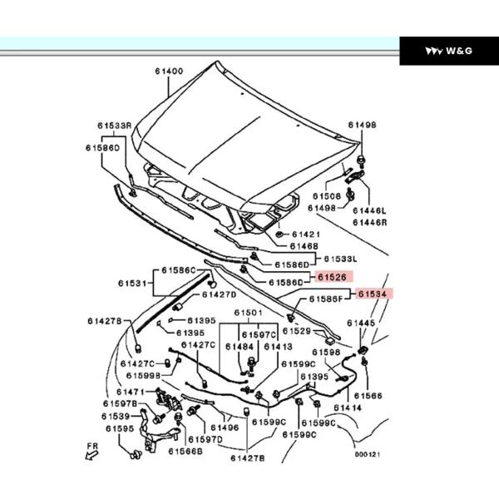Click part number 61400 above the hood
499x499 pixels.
coord(168,72)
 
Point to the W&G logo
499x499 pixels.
coord(449,52)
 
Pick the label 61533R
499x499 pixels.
coord(114,126)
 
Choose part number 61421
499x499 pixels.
coord(305,235)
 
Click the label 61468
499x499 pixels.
coord(304,247)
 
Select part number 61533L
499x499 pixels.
coord(340,259)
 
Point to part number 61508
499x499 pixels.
coord(327,196)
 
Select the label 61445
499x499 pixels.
coord(361,322)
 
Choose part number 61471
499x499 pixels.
coord(131,391)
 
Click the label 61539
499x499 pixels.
coord(116,415)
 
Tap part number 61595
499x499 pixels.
coord(119,429)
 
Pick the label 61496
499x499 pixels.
coord(225,427)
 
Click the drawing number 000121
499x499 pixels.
coord(367,455)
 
